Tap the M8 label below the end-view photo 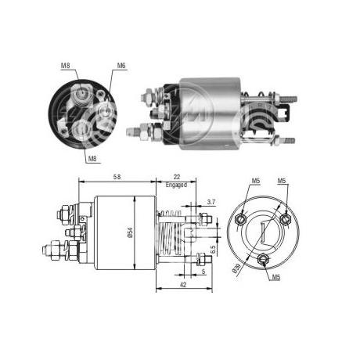coord(92,159)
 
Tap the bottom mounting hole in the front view coord(262,259)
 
